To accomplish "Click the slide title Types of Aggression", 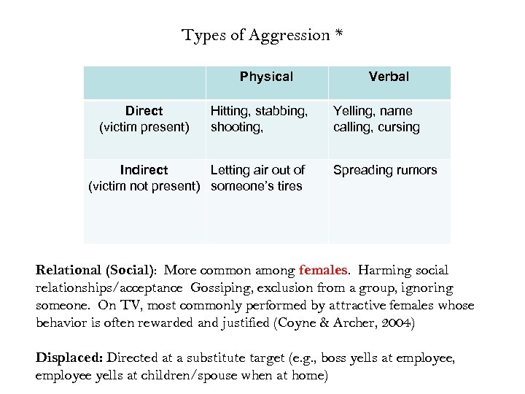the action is tap(256, 35).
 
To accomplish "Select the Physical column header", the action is tap(266, 77).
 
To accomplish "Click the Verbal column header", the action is tap(389, 77).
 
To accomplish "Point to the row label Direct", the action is tap(144, 111).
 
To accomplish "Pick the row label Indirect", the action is tap(144, 170).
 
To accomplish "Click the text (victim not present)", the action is tap(144, 186).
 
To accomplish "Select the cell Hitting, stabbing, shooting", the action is tap(258, 119).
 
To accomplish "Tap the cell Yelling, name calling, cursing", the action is tap(376, 119).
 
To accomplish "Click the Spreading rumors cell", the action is tap(385, 170).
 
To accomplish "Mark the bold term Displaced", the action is tap(69, 358).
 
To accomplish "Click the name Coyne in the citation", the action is tap(295, 323).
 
